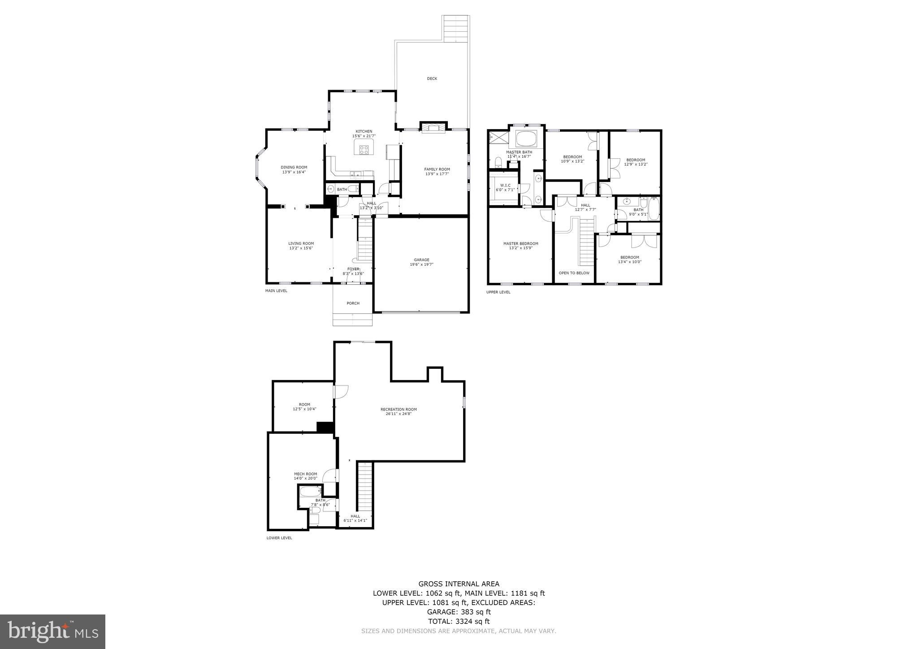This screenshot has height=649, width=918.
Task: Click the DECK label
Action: (x=432, y=79)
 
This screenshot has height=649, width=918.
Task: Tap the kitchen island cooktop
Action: (x=364, y=150)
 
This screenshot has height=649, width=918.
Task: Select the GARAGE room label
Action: (x=421, y=260)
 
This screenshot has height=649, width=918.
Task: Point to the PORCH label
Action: (x=353, y=303)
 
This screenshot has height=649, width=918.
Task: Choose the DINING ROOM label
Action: (x=294, y=167)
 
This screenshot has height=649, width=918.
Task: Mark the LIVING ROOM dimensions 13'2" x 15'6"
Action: (x=301, y=248)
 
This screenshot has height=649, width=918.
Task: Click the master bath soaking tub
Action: (x=526, y=138)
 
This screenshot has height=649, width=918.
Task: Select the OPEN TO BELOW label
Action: (x=574, y=273)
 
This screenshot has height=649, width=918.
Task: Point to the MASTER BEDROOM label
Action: (x=520, y=244)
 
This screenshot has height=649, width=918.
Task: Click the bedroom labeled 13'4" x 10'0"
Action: (x=629, y=260)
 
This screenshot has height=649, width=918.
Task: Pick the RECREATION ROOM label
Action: (x=398, y=409)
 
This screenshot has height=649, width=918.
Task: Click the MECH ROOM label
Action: (x=305, y=474)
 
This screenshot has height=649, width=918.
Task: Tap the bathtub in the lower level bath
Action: (x=311, y=492)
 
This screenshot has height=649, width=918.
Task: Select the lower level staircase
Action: (x=365, y=486)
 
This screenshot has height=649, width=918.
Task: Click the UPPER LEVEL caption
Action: (x=498, y=292)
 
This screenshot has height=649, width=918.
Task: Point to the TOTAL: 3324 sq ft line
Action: (x=459, y=621)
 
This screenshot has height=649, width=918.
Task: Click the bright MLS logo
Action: (x=52, y=632)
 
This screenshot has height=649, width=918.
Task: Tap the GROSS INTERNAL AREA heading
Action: (x=459, y=584)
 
